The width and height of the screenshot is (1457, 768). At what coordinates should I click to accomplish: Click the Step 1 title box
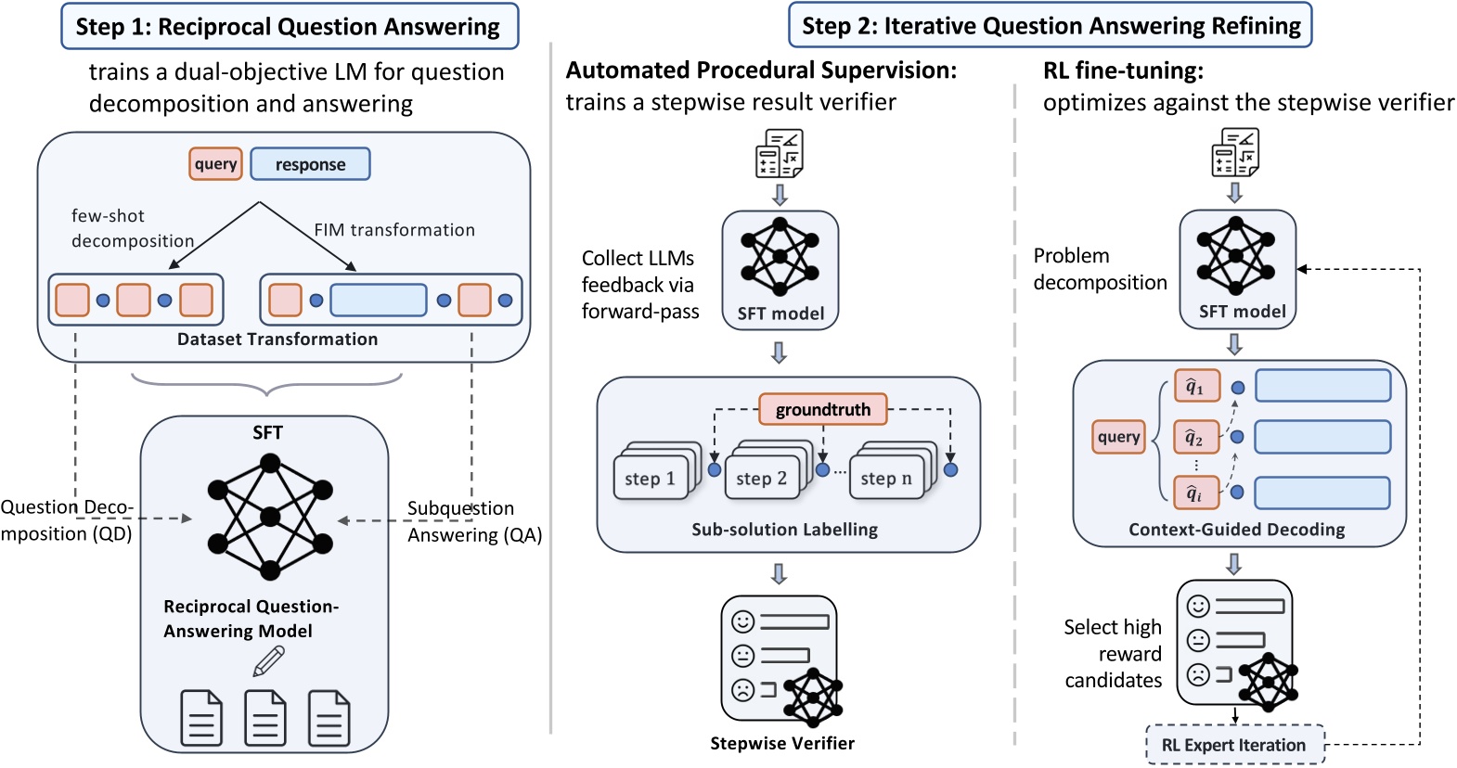[x=289, y=26]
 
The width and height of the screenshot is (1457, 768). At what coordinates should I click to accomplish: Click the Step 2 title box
[x=1050, y=26]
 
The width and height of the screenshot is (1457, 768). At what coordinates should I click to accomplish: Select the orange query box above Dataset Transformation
[x=215, y=164]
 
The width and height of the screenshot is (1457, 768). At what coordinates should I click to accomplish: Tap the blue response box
[x=310, y=164]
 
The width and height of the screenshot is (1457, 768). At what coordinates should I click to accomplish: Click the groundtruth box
[x=822, y=409]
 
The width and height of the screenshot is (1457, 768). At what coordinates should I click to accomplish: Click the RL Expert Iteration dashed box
[x=1233, y=745]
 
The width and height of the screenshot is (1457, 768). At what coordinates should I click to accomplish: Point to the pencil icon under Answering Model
[x=268, y=661]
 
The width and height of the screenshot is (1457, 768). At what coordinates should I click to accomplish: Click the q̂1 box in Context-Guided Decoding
[x=1196, y=387]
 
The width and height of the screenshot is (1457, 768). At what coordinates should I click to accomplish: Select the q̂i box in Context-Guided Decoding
[x=1195, y=493]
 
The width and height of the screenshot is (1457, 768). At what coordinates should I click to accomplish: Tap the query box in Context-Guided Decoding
[x=1118, y=437]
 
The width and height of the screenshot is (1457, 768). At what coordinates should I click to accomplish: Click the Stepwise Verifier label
[x=781, y=743]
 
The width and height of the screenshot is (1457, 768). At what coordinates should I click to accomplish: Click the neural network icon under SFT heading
[x=270, y=517]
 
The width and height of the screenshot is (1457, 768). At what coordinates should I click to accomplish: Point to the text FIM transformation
[x=394, y=230]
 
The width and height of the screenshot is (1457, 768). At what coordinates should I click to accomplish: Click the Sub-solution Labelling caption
[x=784, y=530]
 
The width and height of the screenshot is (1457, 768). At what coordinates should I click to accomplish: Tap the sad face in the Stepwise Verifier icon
[x=742, y=690]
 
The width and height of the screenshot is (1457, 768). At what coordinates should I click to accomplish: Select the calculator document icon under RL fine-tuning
[x=1234, y=152]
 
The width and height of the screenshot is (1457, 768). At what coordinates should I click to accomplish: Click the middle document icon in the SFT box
[x=264, y=717]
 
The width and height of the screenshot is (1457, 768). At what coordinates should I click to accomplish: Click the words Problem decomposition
[x=1100, y=269]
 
